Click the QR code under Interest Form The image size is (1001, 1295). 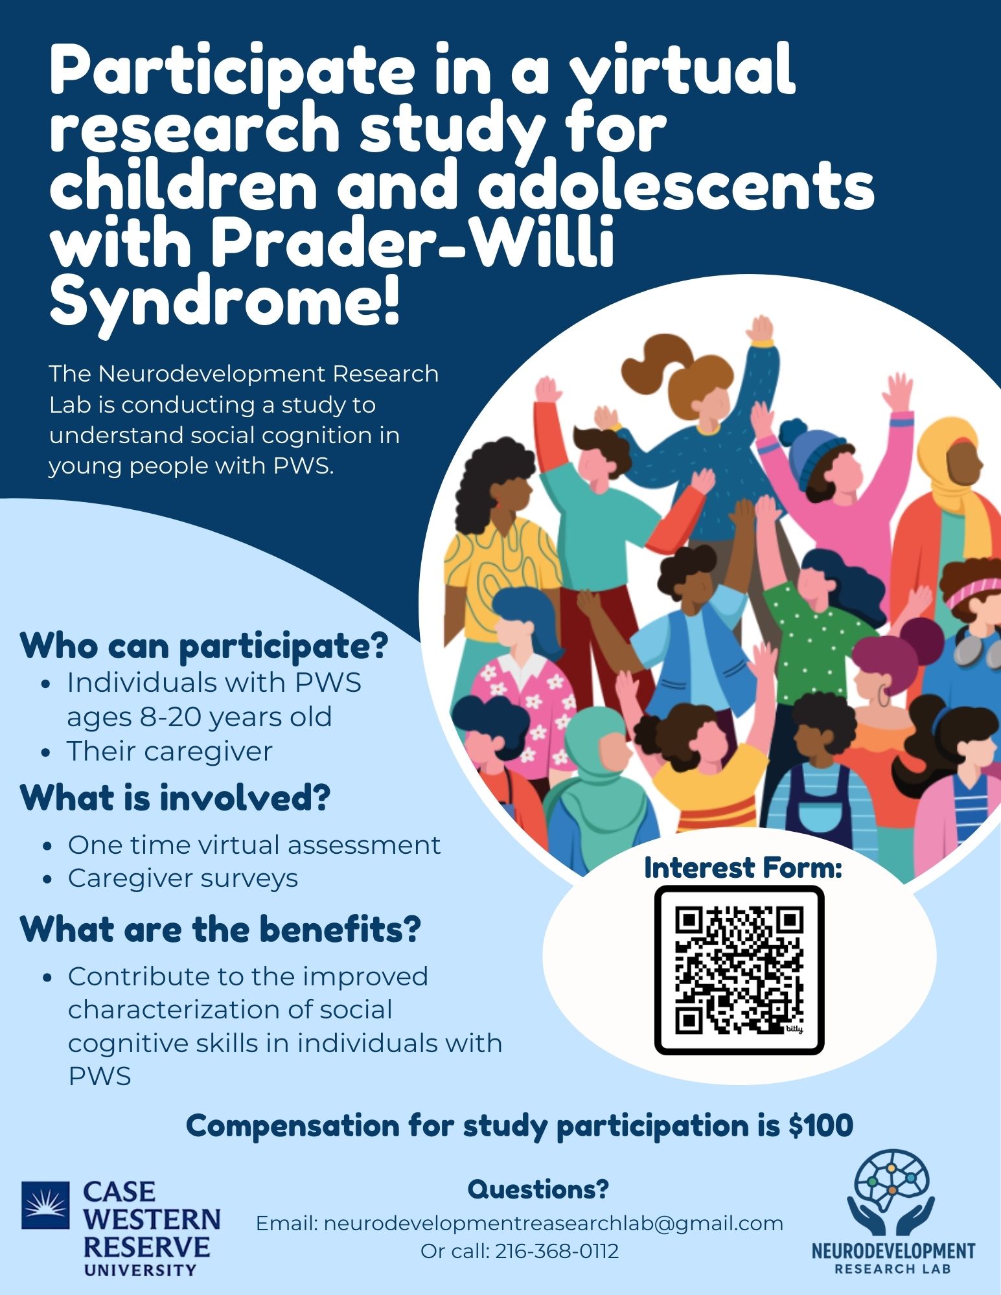[x=739, y=970]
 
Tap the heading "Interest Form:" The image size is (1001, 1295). [x=743, y=868]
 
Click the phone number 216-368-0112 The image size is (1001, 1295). [x=557, y=1251]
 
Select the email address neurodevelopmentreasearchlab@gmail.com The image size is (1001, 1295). [x=553, y=1223]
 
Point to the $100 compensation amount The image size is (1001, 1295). [x=821, y=1126]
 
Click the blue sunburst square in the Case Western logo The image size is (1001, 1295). [x=45, y=1205]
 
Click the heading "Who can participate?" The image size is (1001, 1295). [x=204, y=646]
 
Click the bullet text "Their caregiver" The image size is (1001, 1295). [x=170, y=751]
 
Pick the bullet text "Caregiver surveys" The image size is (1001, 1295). [x=183, y=878]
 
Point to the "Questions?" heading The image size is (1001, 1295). [x=538, y=1189]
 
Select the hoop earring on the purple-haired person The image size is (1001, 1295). [x=884, y=696]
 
